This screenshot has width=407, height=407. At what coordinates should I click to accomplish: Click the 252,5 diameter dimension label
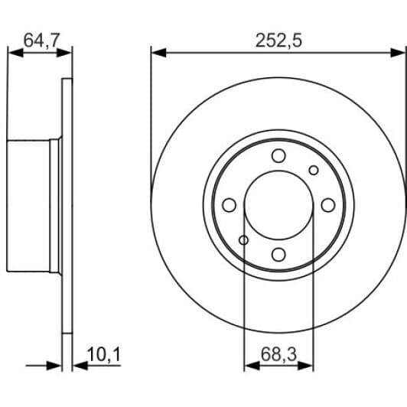click(278, 41)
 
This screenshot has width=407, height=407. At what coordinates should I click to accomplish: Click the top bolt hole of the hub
click(278, 156)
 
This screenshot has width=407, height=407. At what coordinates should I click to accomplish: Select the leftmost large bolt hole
click(229, 205)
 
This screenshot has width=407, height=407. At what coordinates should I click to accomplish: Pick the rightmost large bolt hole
click(328, 205)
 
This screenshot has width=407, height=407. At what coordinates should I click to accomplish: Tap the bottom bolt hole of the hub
click(278, 255)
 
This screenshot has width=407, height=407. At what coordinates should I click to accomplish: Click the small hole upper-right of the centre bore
click(313, 170)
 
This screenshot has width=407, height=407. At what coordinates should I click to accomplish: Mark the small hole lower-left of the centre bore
click(243, 241)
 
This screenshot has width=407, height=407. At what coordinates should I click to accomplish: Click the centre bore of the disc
click(278, 205)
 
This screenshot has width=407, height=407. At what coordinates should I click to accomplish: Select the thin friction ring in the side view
click(67, 205)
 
